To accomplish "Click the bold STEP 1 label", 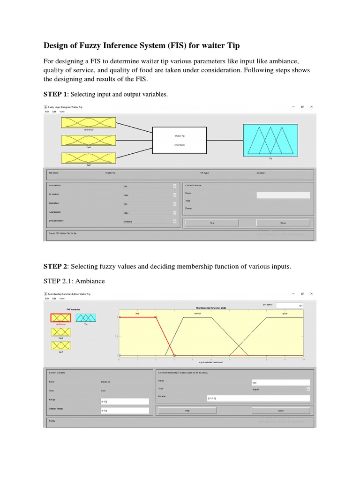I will click(55, 95).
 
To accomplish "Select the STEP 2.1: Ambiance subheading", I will click(74, 281).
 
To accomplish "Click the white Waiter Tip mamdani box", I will click(180, 140).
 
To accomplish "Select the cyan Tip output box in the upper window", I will click(270, 140).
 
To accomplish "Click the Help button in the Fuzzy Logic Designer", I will click(211, 223).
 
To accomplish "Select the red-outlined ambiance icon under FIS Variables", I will click(60, 318).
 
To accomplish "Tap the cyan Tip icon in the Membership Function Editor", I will click(86, 318).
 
